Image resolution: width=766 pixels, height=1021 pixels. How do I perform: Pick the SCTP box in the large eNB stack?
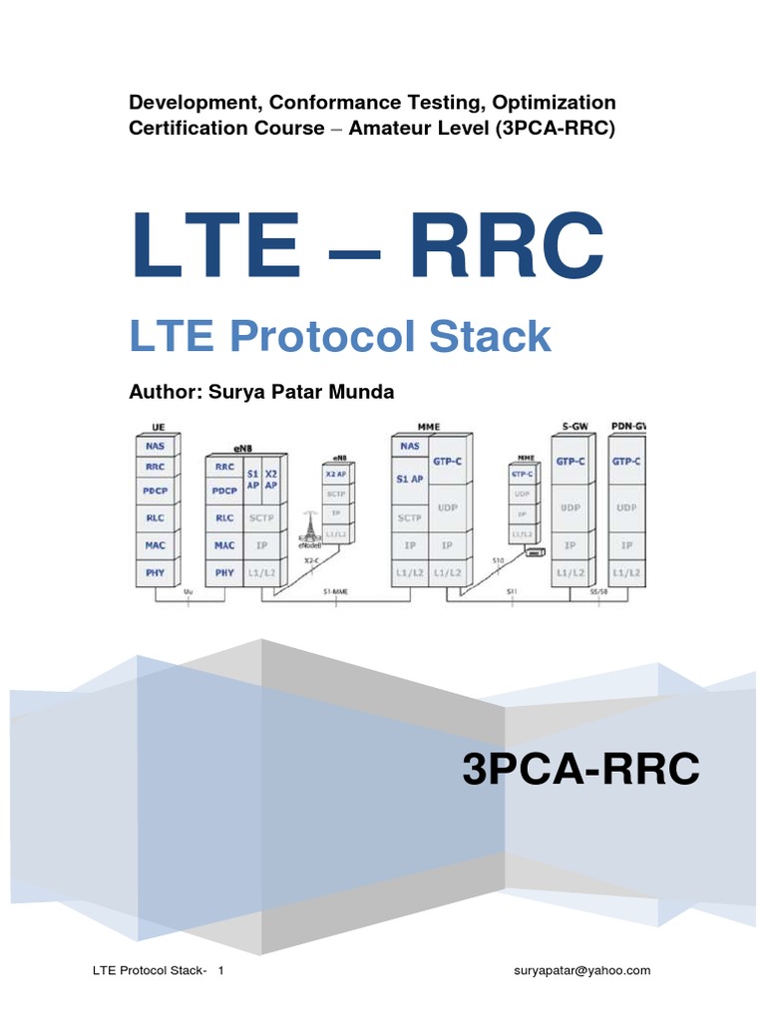(x=262, y=518)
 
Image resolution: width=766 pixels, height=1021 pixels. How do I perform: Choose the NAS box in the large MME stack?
(x=409, y=448)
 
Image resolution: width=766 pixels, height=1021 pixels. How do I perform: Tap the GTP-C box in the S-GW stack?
(x=571, y=462)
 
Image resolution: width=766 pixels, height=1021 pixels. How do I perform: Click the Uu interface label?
(x=190, y=592)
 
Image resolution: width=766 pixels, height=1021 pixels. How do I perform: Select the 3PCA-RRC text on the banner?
(x=580, y=770)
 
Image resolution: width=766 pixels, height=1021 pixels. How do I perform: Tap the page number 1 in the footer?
(x=221, y=970)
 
